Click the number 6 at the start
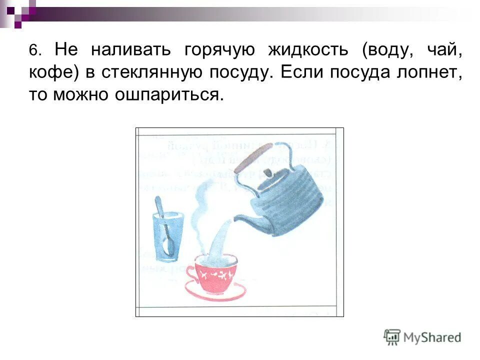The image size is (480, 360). pyautogui.click(x=33, y=51)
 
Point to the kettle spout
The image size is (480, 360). pyautogui.click(x=245, y=220)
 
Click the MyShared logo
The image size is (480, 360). pyautogui.click(x=422, y=337)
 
